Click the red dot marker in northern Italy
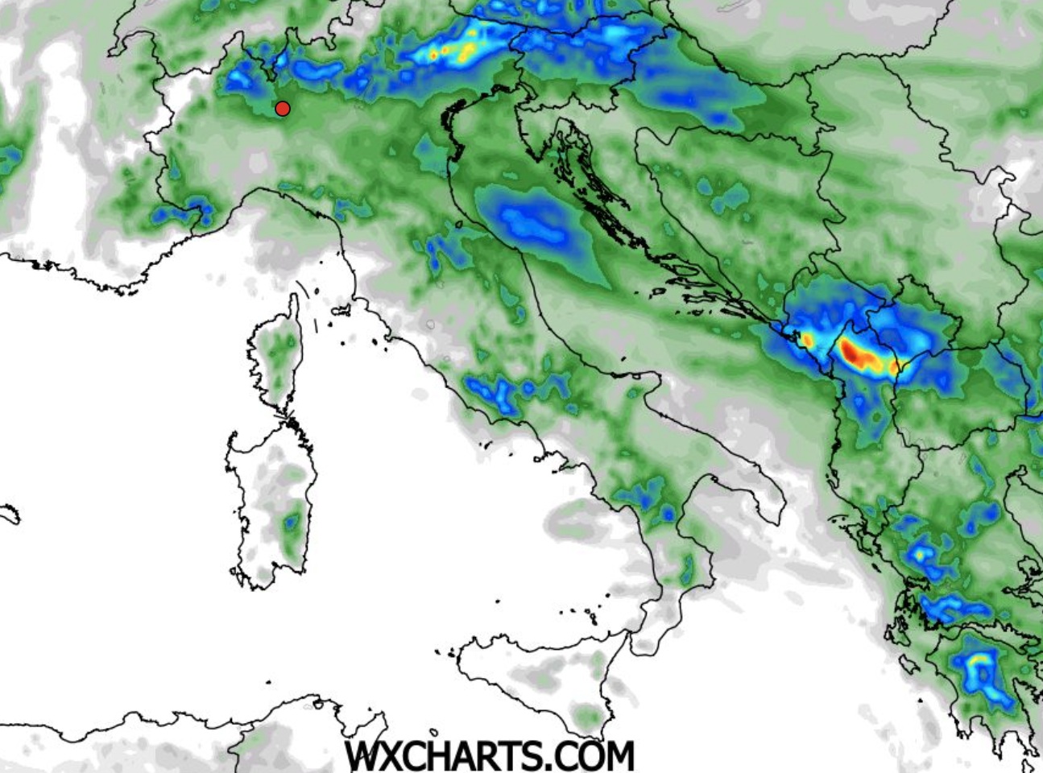(283, 109)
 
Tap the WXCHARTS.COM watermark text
(489, 755)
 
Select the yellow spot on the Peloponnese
(978, 660)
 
